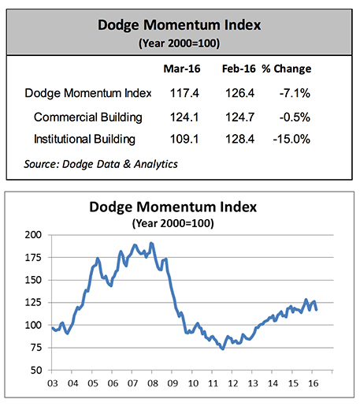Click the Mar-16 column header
(x=182, y=69)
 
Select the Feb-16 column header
(x=239, y=69)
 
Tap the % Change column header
(x=287, y=69)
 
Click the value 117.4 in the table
(x=184, y=93)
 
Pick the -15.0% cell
(x=291, y=139)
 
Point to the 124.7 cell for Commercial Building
(x=239, y=117)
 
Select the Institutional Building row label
(x=84, y=139)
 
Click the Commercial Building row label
(x=87, y=117)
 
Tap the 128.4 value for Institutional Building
(x=239, y=139)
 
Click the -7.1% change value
(x=295, y=93)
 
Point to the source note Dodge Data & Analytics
(x=101, y=164)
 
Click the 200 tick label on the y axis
(x=34, y=235)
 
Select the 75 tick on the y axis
(x=36, y=348)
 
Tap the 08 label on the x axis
(x=153, y=383)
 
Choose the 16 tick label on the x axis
(x=313, y=383)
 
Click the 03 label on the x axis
(x=53, y=383)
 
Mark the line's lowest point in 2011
(x=223, y=349)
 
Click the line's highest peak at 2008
(x=151, y=243)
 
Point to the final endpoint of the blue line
(x=316, y=309)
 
